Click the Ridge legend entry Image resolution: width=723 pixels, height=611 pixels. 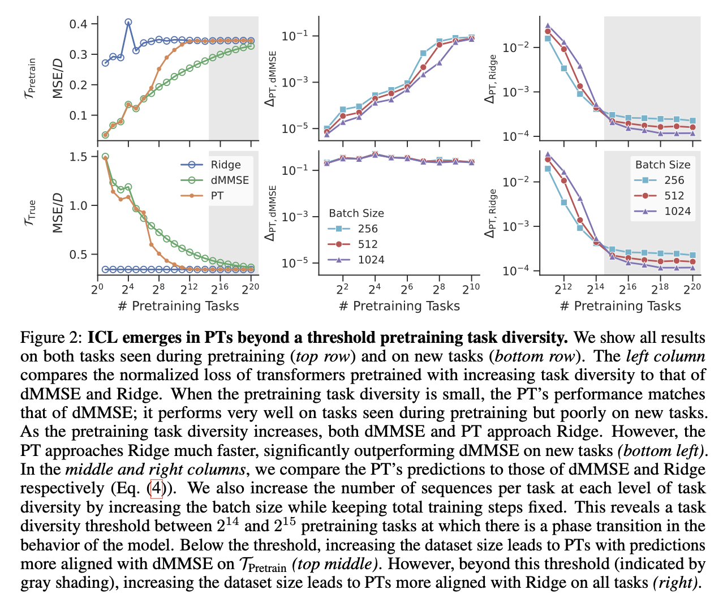[225, 165]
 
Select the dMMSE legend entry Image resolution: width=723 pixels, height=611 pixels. [229, 180]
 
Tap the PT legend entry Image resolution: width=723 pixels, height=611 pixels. [217, 196]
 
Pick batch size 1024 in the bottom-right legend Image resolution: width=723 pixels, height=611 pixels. [678, 211]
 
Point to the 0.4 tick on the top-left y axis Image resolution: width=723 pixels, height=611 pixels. [79, 24]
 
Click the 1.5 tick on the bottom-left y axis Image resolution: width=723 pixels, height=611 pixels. [79, 157]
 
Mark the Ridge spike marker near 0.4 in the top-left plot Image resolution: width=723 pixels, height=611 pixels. [128, 23]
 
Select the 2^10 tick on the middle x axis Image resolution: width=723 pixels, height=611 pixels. [471, 289]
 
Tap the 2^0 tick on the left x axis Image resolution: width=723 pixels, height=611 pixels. [97, 289]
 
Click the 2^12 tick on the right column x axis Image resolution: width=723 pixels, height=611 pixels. [563, 289]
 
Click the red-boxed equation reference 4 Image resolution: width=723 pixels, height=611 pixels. [156, 488]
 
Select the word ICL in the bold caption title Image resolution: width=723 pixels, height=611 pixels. [102, 338]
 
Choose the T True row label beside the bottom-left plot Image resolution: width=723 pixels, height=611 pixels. [31, 213]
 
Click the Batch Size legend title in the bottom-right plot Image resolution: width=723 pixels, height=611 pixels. [662, 165]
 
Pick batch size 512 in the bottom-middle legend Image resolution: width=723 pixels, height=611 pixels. [367, 244]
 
